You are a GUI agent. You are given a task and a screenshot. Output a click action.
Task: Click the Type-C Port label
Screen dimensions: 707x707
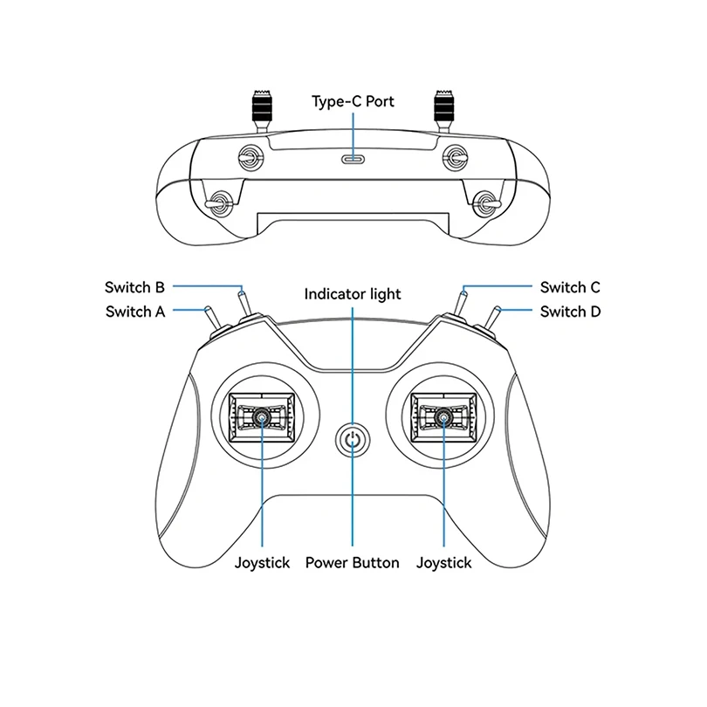pos(353,101)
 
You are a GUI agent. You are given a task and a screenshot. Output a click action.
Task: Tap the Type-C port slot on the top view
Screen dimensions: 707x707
pos(353,159)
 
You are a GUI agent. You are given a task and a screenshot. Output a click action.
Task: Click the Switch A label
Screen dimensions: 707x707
pos(134,312)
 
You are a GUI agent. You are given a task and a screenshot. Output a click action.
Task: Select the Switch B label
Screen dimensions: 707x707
pos(134,287)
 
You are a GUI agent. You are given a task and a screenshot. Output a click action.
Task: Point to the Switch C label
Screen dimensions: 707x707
pos(570,287)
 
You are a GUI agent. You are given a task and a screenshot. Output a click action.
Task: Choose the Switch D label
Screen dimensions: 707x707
pos(570,312)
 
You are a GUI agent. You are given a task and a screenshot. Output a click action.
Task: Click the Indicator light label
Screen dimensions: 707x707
pos(353,294)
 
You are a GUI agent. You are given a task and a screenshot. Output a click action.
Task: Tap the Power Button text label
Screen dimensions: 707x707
pos(352,563)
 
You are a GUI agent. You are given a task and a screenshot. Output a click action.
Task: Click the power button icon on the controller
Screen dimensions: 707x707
pos(353,440)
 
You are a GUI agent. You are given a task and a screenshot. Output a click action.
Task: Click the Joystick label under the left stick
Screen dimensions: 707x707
pos(262,563)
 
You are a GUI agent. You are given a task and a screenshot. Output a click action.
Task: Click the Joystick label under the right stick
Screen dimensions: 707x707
pos(443,563)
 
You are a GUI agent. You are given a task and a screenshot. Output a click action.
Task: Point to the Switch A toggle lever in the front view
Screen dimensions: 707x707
pos(211,320)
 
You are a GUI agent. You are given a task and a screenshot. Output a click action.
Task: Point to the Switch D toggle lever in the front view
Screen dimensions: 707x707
pos(495,320)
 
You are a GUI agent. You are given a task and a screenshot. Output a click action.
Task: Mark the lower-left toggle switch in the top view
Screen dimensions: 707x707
pos(217,202)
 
